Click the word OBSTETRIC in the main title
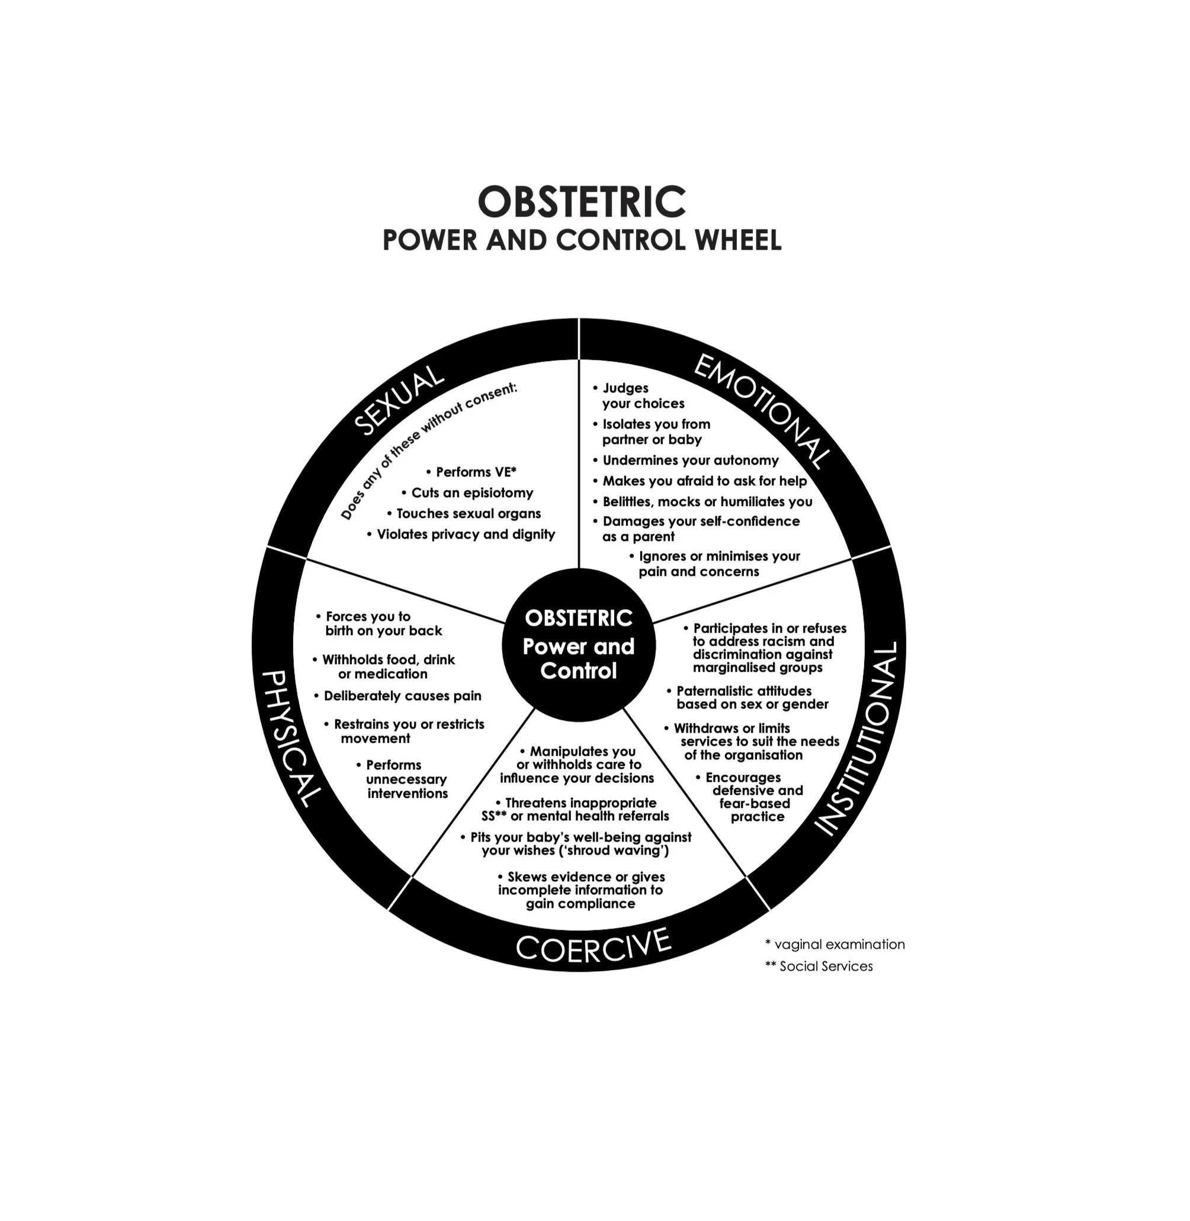[x=581, y=202]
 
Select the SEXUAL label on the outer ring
[x=398, y=400]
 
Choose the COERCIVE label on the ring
[x=593, y=946]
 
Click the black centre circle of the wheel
[x=579, y=645]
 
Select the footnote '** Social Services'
[x=819, y=966]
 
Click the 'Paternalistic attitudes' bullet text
[x=744, y=691]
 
